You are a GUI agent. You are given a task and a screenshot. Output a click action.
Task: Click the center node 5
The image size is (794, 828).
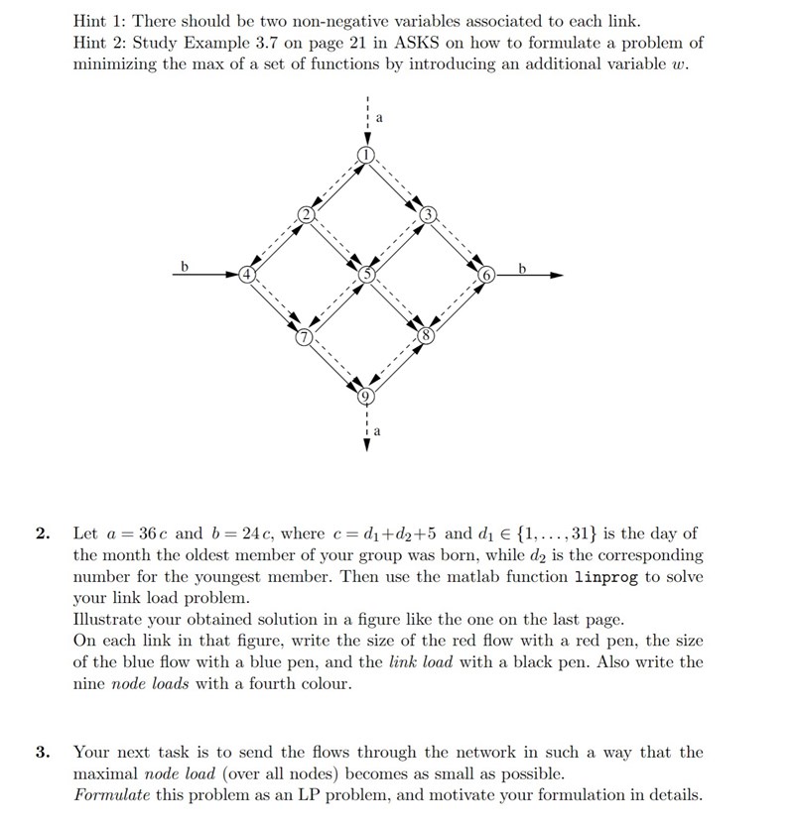pyautogui.click(x=367, y=275)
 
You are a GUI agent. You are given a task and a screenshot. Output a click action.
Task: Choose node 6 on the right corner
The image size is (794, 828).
pyautogui.click(x=487, y=274)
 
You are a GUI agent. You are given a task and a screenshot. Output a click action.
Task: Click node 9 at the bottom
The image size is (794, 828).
pyautogui.click(x=367, y=397)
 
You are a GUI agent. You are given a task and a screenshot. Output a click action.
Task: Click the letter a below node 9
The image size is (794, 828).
pyautogui.click(x=378, y=432)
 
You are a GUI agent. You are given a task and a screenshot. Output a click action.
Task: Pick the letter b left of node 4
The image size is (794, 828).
pyautogui.click(x=185, y=265)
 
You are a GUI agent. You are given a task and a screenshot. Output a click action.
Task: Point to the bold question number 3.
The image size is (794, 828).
pyautogui.click(x=43, y=752)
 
